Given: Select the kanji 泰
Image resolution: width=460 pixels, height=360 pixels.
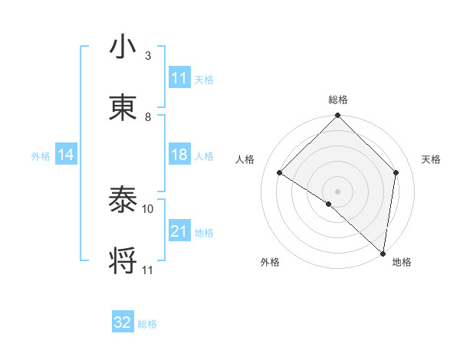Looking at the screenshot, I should pyautogui.click(x=123, y=200).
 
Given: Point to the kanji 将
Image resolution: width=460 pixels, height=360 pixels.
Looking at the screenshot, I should pyautogui.click(x=123, y=261).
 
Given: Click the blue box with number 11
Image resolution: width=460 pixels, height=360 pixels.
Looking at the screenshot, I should pyautogui.click(x=179, y=78).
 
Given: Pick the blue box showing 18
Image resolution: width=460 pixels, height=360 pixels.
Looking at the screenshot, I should pyautogui.click(x=179, y=155).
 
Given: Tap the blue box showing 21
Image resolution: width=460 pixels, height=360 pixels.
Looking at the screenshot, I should pyautogui.click(x=179, y=231).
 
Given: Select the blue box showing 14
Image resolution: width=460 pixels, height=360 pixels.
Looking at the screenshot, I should pyautogui.click(x=66, y=155).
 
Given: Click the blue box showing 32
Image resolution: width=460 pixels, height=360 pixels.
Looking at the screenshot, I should pyautogui.click(x=123, y=322).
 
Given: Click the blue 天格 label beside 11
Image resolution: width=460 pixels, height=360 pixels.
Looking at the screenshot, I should pyautogui.click(x=204, y=79).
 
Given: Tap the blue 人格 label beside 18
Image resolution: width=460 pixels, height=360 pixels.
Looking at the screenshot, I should pyautogui.click(x=204, y=155).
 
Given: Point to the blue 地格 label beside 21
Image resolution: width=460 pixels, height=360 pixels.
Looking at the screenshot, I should pyautogui.click(x=204, y=232).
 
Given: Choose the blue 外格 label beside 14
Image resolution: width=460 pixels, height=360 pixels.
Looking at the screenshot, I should pyautogui.click(x=41, y=155).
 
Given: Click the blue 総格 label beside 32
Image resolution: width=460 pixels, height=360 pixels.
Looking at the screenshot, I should pyautogui.click(x=147, y=323).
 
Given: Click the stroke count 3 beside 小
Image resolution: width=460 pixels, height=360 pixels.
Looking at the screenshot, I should pyautogui.click(x=148, y=56).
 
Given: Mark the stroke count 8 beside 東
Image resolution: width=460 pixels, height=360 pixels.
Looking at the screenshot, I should pyautogui.click(x=148, y=116).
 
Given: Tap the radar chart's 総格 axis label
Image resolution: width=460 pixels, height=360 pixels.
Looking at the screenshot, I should pyautogui.click(x=338, y=100).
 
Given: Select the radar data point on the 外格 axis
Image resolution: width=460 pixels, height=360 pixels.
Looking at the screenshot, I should pyautogui.click(x=329, y=204).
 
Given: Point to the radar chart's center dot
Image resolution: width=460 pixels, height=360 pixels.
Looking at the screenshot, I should pyautogui.click(x=337, y=191).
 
